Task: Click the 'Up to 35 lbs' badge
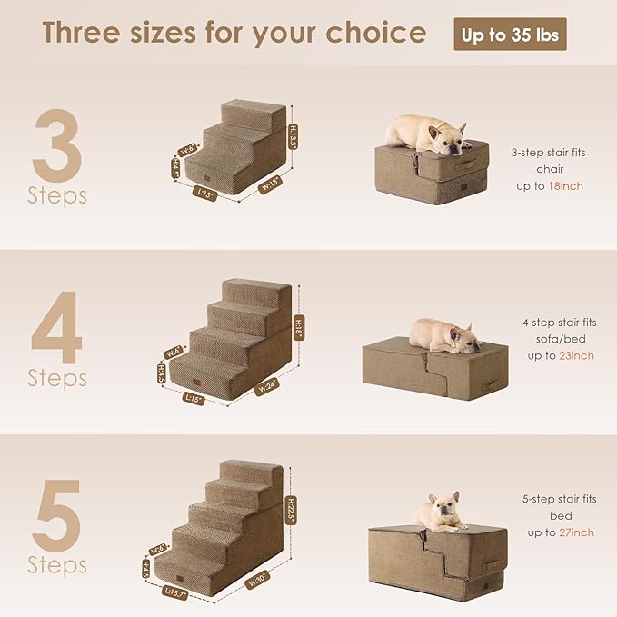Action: click(x=510, y=35)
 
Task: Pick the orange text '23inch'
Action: click(x=576, y=356)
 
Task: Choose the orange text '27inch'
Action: click(x=576, y=532)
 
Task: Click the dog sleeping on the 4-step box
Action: click(x=443, y=334)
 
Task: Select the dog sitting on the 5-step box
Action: click(x=443, y=512)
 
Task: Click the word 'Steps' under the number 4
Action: click(x=57, y=377)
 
